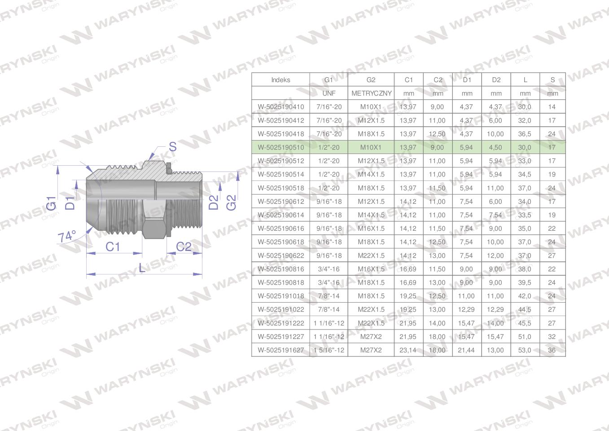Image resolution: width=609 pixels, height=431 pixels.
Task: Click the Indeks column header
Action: pos(280,80)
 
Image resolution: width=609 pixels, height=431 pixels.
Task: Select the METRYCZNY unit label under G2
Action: pos(372,93)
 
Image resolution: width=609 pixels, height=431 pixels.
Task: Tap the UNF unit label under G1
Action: pos(329,93)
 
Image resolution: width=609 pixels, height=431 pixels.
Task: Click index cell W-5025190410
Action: pos(281,107)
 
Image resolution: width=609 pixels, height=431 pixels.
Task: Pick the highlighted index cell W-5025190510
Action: pos(281,147)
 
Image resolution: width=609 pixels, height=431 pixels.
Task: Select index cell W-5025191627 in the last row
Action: pos(281,350)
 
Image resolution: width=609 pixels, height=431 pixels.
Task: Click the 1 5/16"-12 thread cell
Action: pos(329,350)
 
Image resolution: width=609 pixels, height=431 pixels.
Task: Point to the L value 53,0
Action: pos(525,350)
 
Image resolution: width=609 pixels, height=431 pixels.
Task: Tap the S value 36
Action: pos(552,350)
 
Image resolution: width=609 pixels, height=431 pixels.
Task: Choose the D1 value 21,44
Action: pos(466,350)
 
